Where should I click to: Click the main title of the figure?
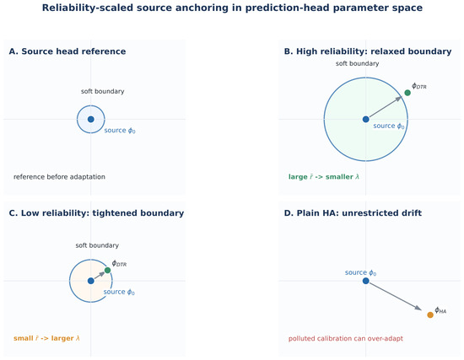[x=232, y=8]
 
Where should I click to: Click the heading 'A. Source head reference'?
[x=67, y=51]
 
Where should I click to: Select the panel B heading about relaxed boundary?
[x=368, y=51]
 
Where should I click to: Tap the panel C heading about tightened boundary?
[x=96, y=213]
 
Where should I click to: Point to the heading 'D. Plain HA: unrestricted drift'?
[x=353, y=213]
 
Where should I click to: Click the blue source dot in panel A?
[x=91, y=119]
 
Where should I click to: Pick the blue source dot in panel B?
[x=366, y=119]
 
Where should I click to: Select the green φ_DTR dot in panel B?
[x=407, y=93]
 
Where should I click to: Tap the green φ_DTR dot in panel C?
[x=107, y=271]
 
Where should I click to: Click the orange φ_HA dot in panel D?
[x=430, y=315]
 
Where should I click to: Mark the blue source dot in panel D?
[x=366, y=281]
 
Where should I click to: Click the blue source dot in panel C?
[x=91, y=281]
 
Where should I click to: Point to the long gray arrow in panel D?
[x=396, y=297]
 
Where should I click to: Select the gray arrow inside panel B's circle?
[x=386, y=106]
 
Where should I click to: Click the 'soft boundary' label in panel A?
[x=103, y=91]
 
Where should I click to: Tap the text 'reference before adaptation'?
[x=59, y=177]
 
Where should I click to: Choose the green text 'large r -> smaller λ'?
[x=324, y=177]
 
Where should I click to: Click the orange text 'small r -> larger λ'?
[x=46, y=338]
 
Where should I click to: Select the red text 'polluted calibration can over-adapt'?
[x=346, y=338]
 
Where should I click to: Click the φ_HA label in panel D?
[x=440, y=310]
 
